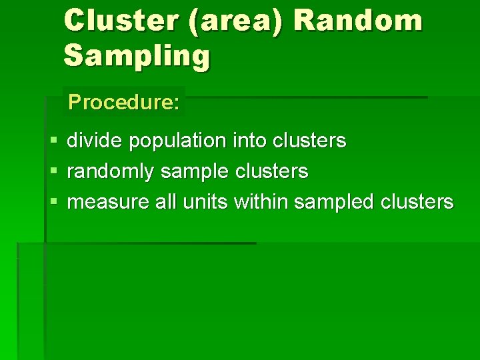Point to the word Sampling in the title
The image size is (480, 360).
pyautogui.click(x=137, y=57)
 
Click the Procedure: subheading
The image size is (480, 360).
pyautogui.click(x=123, y=102)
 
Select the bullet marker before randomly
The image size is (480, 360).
pyautogui.click(x=53, y=172)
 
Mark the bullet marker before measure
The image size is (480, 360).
pyautogui.click(x=53, y=202)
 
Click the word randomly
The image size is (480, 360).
pyautogui.click(x=111, y=172)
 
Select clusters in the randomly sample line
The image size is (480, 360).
pyautogui.click(x=271, y=171)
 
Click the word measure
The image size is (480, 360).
pyautogui.click(x=109, y=202)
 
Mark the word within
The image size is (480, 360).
pyautogui.click(x=262, y=201)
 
